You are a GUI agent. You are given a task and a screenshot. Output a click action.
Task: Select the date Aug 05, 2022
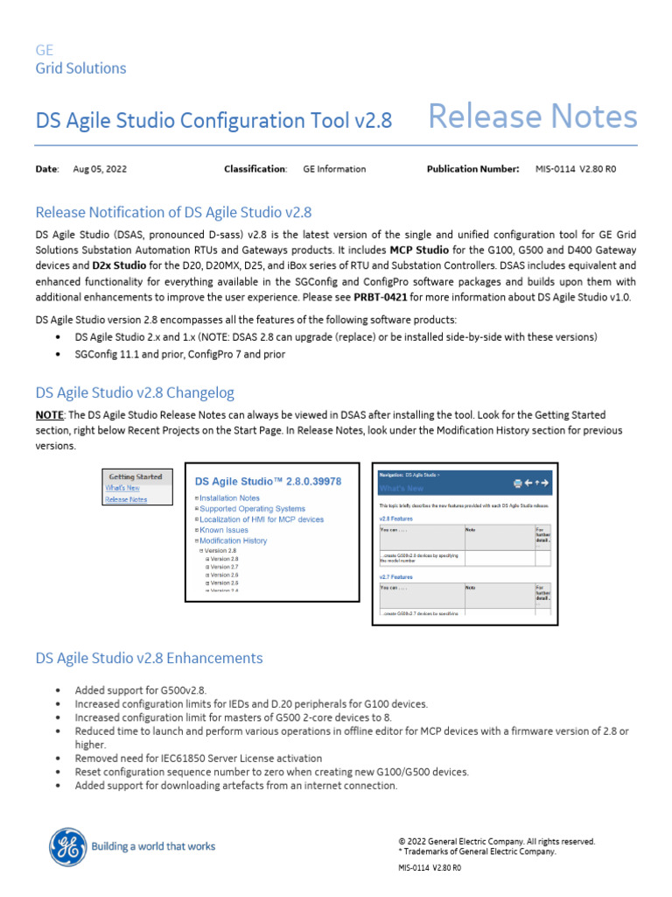(100, 169)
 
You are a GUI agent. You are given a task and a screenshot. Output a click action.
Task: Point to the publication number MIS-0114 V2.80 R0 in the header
(576, 169)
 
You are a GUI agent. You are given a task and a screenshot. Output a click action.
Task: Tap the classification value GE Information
(334, 169)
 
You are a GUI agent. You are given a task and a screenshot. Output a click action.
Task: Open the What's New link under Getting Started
(122, 488)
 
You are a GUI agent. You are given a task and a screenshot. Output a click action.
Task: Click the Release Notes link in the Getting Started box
(126, 499)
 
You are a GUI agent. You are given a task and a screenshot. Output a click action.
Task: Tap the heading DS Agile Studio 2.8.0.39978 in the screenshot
(268, 481)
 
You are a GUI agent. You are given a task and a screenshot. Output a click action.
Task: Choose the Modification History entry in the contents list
(233, 540)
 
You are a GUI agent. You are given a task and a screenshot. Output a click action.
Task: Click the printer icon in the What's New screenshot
(518, 483)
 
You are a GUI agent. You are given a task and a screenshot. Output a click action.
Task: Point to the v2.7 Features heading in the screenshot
(396, 577)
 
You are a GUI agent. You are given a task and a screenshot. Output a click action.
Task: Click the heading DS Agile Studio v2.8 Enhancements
(149, 657)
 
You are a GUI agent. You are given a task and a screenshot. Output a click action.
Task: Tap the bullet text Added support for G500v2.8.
(140, 690)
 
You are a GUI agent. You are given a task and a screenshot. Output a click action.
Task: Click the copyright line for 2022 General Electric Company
(496, 841)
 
